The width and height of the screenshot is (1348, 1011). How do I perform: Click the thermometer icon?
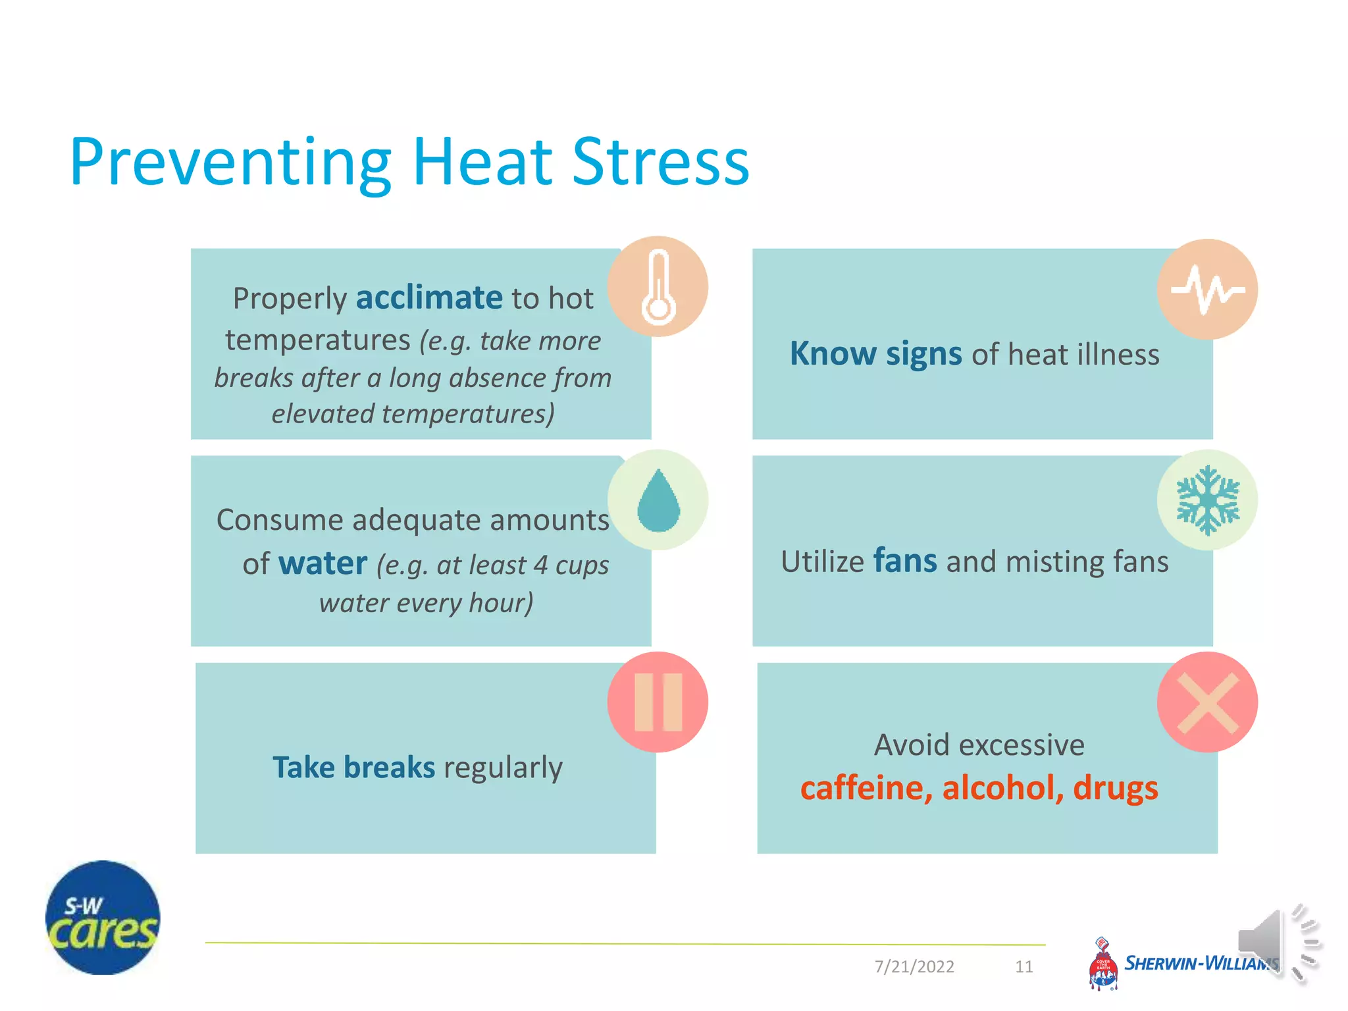click(x=658, y=287)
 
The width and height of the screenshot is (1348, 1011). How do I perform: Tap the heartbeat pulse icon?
click(x=1207, y=290)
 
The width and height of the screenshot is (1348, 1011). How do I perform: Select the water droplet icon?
click(x=658, y=500)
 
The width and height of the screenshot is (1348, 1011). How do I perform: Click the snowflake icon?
click(x=1207, y=500)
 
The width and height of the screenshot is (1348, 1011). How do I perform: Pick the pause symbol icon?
click(x=658, y=702)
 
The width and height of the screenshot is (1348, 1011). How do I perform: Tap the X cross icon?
click(x=1207, y=702)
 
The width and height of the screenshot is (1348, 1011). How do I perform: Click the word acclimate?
click(x=429, y=298)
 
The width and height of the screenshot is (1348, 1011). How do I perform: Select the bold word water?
click(x=323, y=563)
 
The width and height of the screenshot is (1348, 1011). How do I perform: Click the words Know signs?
click(x=875, y=353)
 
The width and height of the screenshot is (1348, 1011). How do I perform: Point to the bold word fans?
click(x=905, y=561)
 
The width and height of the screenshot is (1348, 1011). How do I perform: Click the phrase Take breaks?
click(x=354, y=767)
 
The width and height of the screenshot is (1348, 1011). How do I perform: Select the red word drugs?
click(x=1115, y=788)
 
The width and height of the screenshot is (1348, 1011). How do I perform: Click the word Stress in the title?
click(x=661, y=162)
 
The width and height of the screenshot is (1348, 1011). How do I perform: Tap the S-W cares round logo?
click(x=103, y=918)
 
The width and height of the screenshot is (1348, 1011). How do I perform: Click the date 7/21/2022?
click(x=914, y=966)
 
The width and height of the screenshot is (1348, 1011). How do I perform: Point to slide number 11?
click(x=1024, y=966)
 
